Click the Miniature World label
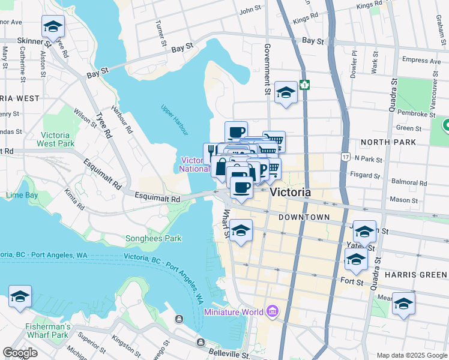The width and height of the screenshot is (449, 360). click(234, 312)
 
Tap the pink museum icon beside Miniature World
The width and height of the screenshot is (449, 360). click(272, 311)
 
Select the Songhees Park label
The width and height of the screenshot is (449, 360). click(153, 238)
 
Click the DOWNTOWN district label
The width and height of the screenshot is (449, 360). click(304, 217)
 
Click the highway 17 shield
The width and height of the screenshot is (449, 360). click(345, 157)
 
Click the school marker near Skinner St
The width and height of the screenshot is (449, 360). click(53, 26)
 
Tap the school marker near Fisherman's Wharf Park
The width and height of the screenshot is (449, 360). click(20, 296)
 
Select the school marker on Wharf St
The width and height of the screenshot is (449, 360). click(241, 230)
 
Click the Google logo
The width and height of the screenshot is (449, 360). click(20, 353)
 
